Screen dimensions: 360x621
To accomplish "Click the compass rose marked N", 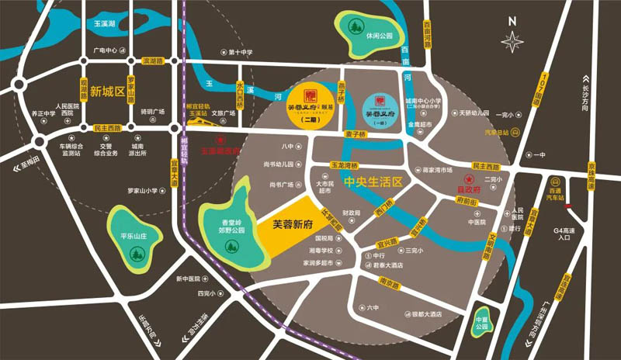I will (x=512, y=41).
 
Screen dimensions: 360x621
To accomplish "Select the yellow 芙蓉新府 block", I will (x=293, y=223).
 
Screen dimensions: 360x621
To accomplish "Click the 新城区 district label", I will (x=106, y=92).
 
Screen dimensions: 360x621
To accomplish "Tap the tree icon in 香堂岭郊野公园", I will (x=230, y=246).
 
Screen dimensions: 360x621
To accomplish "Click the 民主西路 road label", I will (x=107, y=126).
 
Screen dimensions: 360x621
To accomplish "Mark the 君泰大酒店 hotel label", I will (x=387, y=265).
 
